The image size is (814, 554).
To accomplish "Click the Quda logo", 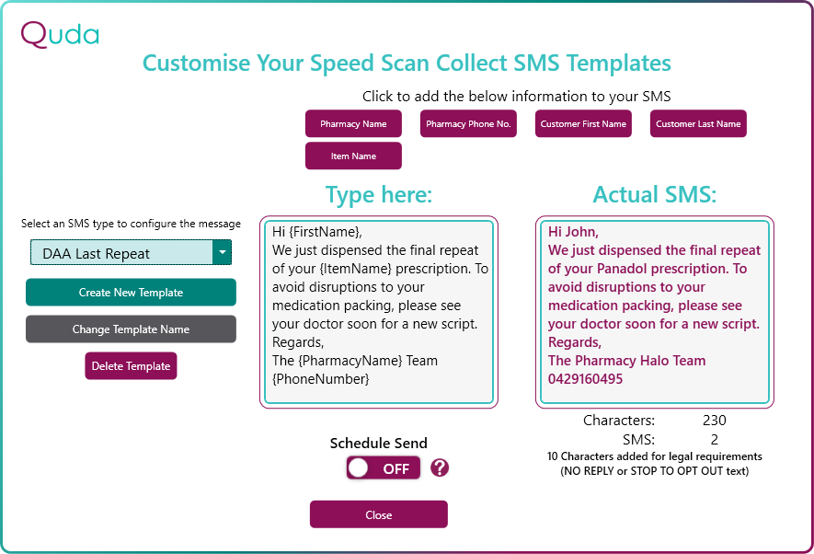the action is [60, 34].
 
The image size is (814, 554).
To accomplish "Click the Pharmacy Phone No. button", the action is [468, 123].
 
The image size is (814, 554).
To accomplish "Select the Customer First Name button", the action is [583, 123].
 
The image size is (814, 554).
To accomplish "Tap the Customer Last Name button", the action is [698, 123].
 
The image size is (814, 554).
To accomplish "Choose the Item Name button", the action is [353, 156].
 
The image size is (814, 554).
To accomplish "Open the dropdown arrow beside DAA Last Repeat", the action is [223, 252].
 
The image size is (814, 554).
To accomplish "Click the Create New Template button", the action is [131, 293].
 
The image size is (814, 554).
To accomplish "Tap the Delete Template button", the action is [131, 366].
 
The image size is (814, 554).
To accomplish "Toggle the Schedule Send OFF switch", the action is [384, 468].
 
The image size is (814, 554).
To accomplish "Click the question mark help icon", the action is [440, 468].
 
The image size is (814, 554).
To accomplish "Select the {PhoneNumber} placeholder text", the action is [321, 379].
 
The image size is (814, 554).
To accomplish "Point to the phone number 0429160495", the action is [585, 379].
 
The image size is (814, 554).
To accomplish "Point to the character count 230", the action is [715, 420].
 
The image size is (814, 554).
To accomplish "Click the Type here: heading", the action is [379, 195].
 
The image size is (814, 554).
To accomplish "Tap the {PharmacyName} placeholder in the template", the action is [351, 361].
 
